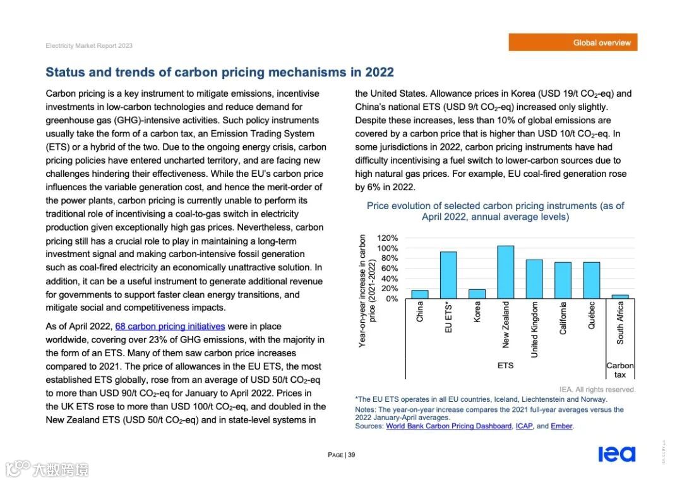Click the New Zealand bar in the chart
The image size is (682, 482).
point(505,272)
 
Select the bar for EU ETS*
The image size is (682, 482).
point(448,275)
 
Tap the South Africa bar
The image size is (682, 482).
point(620,296)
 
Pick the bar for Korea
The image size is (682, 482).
point(477,294)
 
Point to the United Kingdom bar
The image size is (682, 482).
point(534,279)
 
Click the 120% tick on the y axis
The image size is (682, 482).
point(388,238)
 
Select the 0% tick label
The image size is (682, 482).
point(392,299)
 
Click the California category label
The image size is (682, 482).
point(563,318)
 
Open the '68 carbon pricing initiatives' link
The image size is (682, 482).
point(170,327)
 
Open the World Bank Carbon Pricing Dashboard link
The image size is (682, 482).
point(448,426)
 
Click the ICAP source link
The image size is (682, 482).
point(524,426)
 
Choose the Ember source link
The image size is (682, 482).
point(561,426)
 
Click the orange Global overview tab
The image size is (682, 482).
point(573,42)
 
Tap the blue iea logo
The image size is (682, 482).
point(616,454)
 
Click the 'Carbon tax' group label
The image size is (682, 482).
point(619,370)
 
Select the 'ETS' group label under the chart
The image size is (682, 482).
point(505,366)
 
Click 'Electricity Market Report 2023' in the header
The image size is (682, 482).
point(89,45)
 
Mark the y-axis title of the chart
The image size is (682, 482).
point(367,291)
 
